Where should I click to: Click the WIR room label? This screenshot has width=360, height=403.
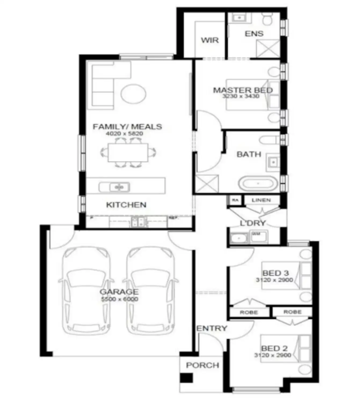pos(210,40)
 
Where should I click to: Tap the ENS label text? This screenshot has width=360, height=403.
pos(254,34)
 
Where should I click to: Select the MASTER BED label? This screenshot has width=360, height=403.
pos(243,90)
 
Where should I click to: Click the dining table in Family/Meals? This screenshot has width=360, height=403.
pos(128,153)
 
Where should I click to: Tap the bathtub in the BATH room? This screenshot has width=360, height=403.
pos(257,184)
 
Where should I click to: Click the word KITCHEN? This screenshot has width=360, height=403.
pos(126,205)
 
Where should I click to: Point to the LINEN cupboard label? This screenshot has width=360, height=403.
pos(261,200)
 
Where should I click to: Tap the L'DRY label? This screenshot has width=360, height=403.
pos(252,223)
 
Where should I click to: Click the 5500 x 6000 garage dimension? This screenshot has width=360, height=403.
pos(120,299)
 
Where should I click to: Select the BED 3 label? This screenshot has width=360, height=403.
pos(275,273)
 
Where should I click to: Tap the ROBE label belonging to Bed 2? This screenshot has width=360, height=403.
pos(292,312)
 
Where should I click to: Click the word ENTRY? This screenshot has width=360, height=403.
pos(212,328)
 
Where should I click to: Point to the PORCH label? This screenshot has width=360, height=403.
pos(203,365)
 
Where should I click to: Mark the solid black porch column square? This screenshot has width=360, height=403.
pos(186,378)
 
